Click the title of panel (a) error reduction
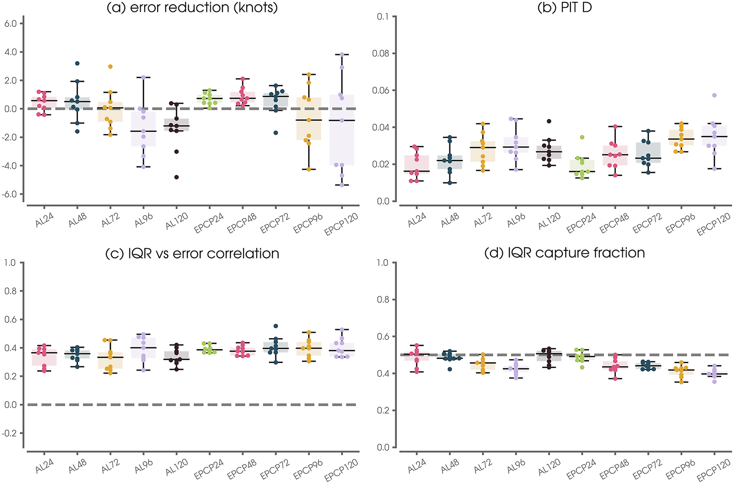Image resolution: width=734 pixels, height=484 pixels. click(x=192, y=7)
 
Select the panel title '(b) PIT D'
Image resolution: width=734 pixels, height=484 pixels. click(x=564, y=7)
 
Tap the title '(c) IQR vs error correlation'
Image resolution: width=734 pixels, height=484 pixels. click(x=192, y=254)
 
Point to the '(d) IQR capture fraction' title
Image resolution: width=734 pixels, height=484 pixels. click(x=564, y=253)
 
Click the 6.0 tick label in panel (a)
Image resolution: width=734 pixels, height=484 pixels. click(x=11, y=24)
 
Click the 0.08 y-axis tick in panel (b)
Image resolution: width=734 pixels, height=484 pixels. click(x=380, y=53)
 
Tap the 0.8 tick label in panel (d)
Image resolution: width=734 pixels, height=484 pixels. click(x=383, y=300)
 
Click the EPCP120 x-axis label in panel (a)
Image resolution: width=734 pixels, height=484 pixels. click(x=341, y=224)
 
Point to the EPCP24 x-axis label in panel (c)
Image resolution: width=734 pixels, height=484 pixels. click(x=209, y=469)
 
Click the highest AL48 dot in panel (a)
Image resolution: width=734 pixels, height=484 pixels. click(x=77, y=64)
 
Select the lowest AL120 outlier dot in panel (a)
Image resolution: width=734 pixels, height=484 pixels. click(x=177, y=177)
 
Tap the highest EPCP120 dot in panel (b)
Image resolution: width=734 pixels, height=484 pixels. click(x=714, y=95)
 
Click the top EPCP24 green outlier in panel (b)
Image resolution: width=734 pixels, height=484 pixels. click(x=582, y=137)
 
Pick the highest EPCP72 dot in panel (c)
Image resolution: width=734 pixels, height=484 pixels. click(x=276, y=326)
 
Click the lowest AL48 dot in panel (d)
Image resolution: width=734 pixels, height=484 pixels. click(x=450, y=369)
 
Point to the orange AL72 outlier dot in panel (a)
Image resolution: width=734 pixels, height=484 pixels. click(x=110, y=67)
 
